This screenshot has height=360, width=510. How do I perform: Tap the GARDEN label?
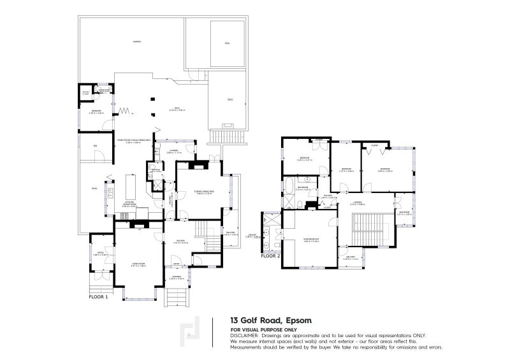click(x=136, y=42)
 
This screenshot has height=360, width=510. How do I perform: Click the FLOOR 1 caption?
click(x=98, y=297)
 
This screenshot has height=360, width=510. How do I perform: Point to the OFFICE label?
click(x=100, y=252)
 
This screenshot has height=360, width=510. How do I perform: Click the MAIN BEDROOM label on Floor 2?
click(x=310, y=239)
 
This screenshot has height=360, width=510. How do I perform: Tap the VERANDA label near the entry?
click(x=175, y=277)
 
